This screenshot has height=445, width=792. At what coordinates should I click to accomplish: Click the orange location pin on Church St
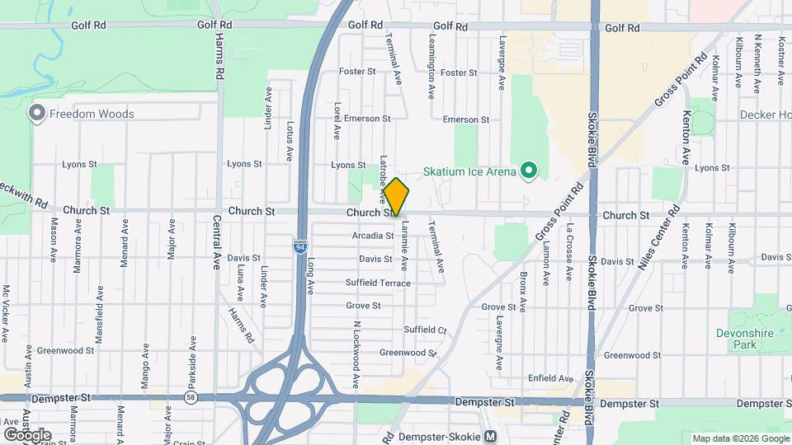[396, 196]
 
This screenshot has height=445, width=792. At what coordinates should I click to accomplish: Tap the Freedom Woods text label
[91, 114]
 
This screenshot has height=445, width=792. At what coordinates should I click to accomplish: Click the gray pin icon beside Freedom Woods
[37, 113]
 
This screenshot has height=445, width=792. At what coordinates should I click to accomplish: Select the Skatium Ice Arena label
[469, 171]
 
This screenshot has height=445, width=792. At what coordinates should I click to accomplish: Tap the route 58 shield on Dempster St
[191, 398]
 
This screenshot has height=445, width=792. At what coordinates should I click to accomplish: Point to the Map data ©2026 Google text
[741, 438]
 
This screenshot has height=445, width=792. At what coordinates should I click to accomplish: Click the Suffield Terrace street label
[378, 283]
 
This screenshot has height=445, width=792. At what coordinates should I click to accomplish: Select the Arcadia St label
[373, 236]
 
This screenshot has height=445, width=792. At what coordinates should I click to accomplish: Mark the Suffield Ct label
[425, 330]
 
